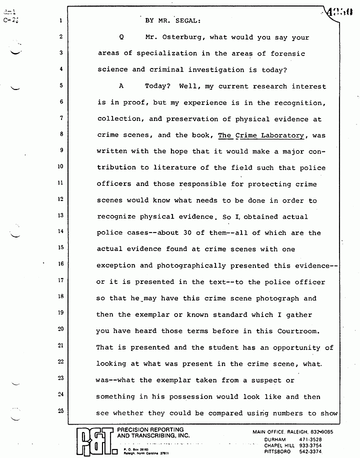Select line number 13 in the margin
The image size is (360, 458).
pyautogui.click(x=59, y=216)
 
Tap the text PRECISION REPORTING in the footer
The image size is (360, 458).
pyautogui.click(x=150, y=429)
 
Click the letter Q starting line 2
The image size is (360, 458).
pyautogui.click(x=121, y=37)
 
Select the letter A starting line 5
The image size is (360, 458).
pyautogui.click(x=121, y=86)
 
